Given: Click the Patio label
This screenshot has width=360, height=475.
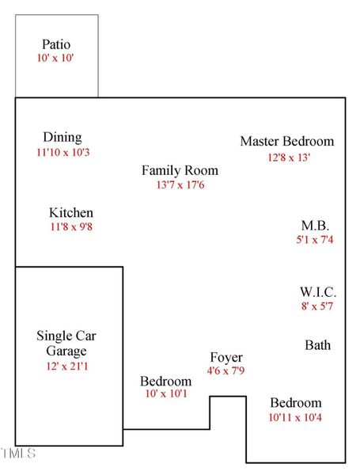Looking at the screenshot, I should [56, 45].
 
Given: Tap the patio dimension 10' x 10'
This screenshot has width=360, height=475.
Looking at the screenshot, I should [56, 59].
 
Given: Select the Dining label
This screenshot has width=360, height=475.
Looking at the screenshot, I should [63, 138].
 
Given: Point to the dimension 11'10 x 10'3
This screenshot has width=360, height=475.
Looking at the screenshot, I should [63, 151].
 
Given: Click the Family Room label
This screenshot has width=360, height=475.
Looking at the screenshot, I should [180, 170].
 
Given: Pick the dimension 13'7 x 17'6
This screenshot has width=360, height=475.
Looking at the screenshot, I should [180, 184].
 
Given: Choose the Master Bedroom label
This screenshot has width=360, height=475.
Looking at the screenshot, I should [287, 142].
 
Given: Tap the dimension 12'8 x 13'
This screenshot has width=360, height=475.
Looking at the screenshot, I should [288, 157].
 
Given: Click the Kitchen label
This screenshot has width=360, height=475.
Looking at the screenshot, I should [71, 213].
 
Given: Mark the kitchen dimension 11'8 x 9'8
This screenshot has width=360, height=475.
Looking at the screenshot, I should [71, 227].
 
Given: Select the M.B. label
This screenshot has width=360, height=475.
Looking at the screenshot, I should [315, 225].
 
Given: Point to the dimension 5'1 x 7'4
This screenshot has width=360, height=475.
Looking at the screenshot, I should [315, 239].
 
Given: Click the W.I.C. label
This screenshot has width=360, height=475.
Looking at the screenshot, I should [318, 292].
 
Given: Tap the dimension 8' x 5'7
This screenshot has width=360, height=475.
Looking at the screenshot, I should [318, 306].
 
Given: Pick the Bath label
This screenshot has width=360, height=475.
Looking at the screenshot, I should [318, 345].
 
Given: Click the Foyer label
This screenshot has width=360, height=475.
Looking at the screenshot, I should [226, 357].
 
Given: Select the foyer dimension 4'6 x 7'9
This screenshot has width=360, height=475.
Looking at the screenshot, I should [226, 370].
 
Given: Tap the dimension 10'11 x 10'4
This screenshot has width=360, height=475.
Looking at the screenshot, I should [295, 416].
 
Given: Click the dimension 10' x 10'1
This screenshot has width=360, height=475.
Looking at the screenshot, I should [165, 393].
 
